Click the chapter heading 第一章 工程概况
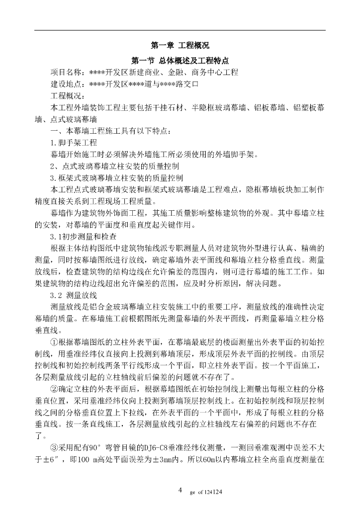[180, 46]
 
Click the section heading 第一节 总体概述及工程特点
[180, 61]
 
